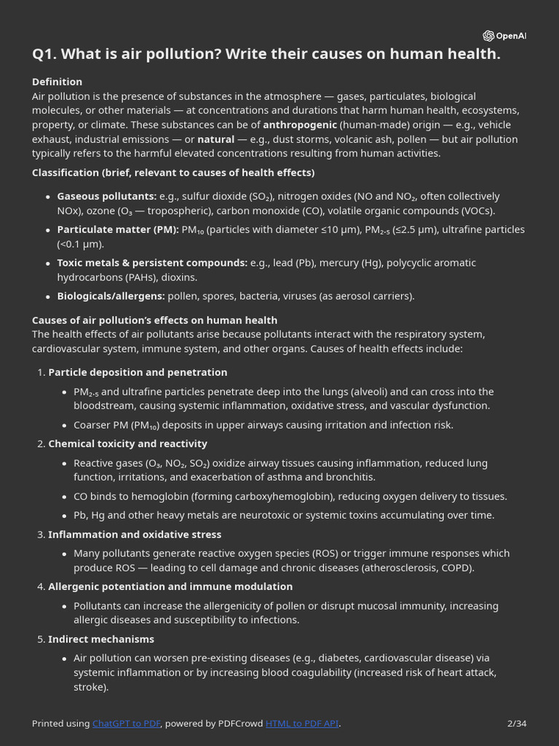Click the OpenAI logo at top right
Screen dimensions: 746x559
pyautogui.click(x=504, y=36)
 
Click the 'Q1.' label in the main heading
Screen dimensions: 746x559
pyautogui.click(x=46, y=55)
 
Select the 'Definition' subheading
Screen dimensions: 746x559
pyautogui.click(x=57, y=82)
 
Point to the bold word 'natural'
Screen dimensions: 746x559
pyautogui.click(x=215, y=139)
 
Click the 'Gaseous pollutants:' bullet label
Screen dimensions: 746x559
pyautogui.click(x=106, y=196)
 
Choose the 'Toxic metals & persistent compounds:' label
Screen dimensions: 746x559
pyautogui.click(x=151, y=262)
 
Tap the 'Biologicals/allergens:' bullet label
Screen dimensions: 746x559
pyautogui.click(x=111, y=296)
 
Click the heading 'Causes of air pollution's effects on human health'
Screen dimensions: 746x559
pyautogui.click(x=154, y=320)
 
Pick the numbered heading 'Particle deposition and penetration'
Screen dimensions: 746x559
pyautogui.click(x=138, y=372)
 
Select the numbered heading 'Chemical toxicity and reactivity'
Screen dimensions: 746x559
pyautogui.click(x=127, y=444)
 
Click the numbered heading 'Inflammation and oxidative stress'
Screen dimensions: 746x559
pyautogui.click(x=135, y=534)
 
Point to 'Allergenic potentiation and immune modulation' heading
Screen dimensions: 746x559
pyautogui.click(x=170, y=586)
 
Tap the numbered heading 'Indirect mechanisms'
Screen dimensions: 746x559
pyautogui.click(x=101, y=639)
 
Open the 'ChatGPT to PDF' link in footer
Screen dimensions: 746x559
pyautogui.click(x=126, y=723)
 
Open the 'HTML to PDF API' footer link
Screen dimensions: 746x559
pyautogui.click(x=302, y=723)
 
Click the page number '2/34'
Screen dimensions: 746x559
pyautogui.click(x=516, y=723)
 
